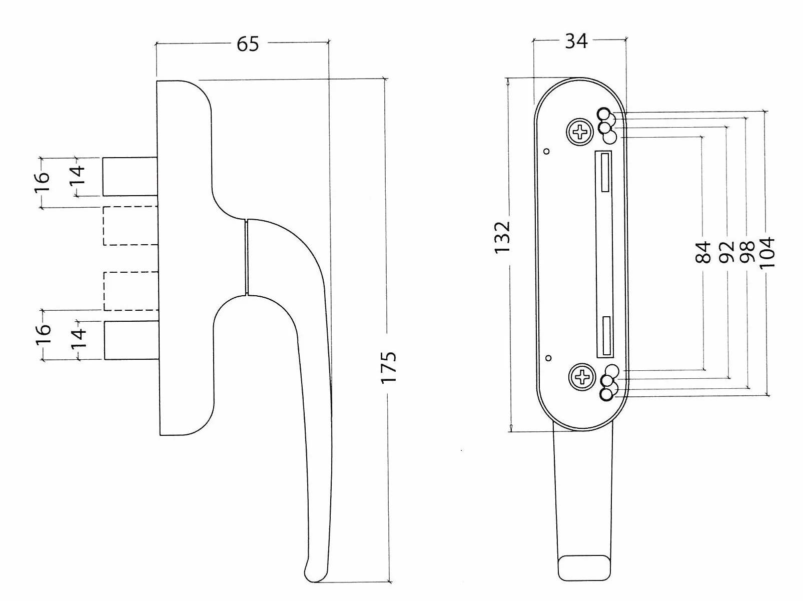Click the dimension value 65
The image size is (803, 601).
coord(248,44)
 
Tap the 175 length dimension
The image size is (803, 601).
coord(389,368)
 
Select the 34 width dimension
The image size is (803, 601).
coord(576,41)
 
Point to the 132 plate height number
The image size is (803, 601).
coord(502,237)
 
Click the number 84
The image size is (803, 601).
coord(703,252)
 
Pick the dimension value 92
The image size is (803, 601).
coord(726,252)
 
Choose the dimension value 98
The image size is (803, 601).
coord(747,252)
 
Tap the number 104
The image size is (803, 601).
coord(767,252)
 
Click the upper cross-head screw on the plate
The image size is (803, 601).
coord(579,131)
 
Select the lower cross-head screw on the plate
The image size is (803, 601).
coord(582,377)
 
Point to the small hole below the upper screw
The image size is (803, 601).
coord(547,151)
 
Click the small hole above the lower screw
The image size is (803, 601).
coord(548,358)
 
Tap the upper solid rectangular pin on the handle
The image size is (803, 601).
coord(130,177)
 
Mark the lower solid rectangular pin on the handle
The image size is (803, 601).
coord(132,340)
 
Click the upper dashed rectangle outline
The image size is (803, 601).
coord(131,226)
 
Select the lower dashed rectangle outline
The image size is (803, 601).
coord(132,291)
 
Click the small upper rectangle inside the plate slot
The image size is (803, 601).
coord(605,172)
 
